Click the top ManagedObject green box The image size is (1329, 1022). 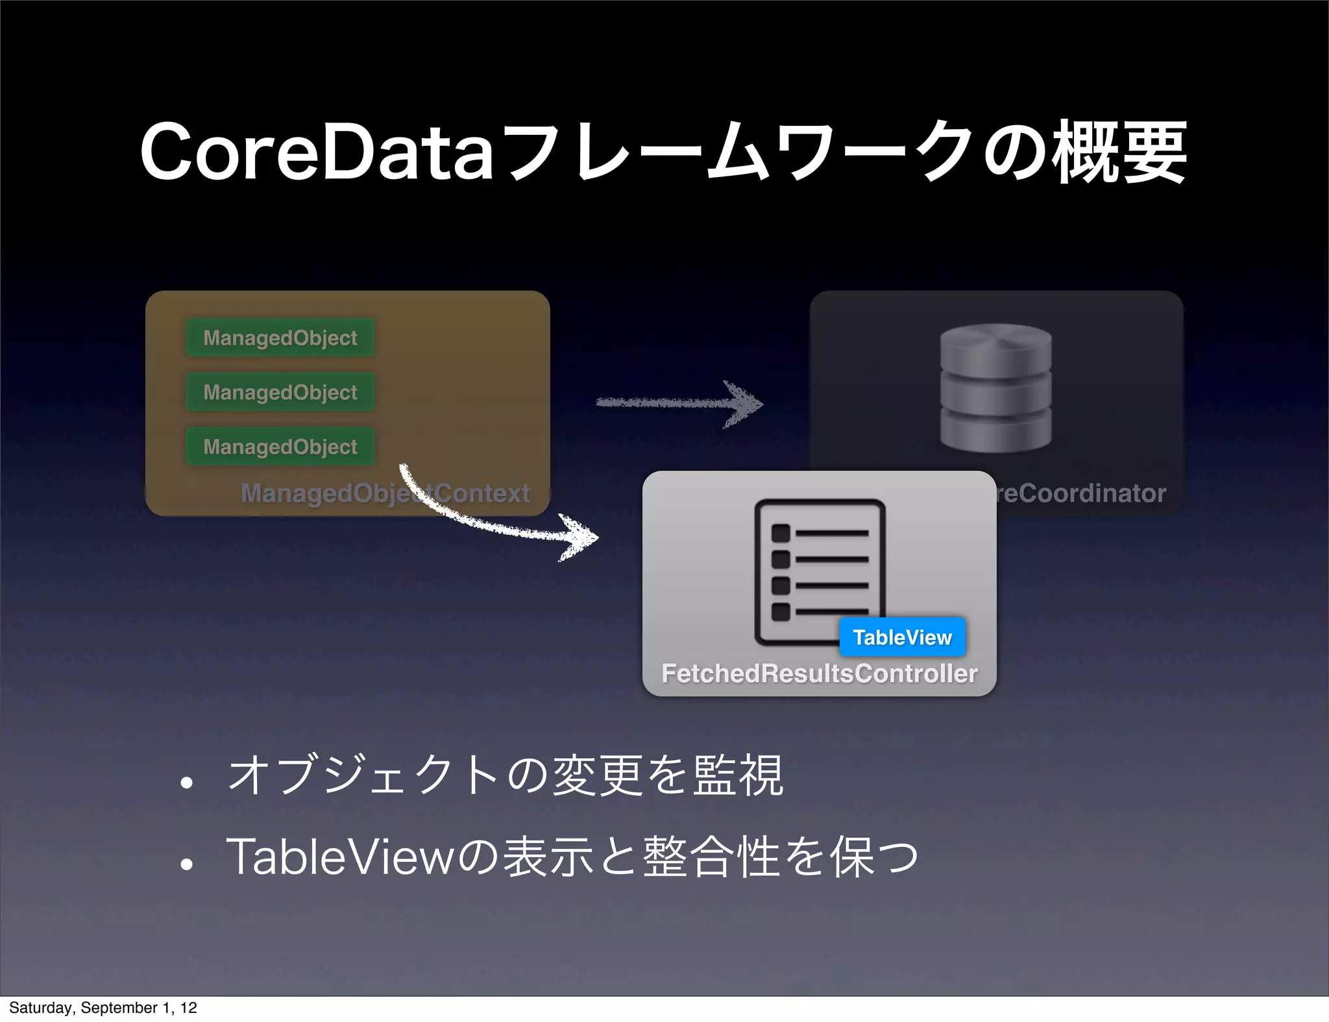pos(280,338)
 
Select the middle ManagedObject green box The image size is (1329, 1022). pos(280,392)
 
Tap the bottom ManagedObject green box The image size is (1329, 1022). pos(280,447)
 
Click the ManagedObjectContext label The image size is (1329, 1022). pos(385,493)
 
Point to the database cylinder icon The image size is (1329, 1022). pos(995,388)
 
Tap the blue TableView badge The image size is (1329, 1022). pos(902,637)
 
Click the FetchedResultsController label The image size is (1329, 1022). pos(819,674)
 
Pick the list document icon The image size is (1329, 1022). pos(820,571)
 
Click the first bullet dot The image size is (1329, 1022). pos(187,783)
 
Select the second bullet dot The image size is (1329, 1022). pos(187,864)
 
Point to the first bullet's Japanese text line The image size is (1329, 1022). pos(506,776)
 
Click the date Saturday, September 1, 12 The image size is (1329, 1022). pos(103,1008)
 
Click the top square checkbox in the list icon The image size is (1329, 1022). pos(781,533)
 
